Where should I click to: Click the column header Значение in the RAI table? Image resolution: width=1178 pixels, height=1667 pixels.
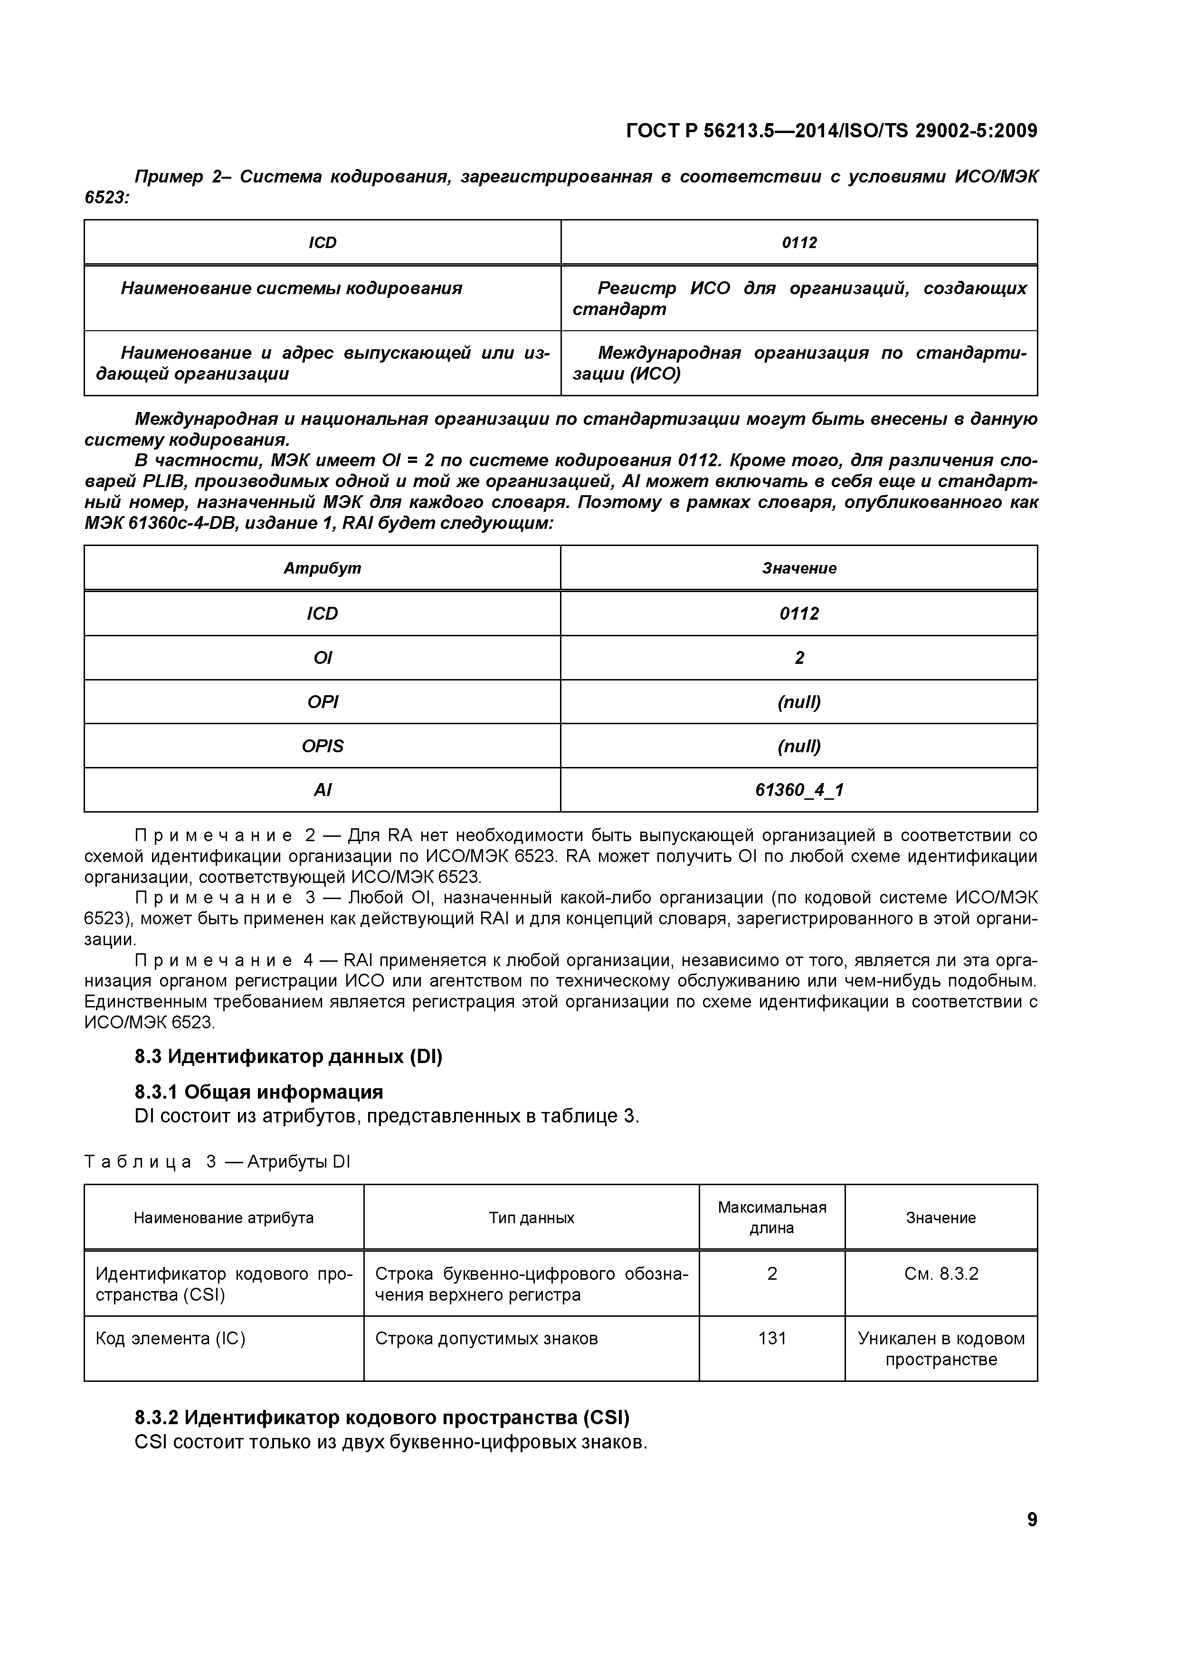[x=798, y=568]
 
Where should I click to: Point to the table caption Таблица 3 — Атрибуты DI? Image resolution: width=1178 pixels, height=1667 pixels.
[x=217, y=1162]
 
